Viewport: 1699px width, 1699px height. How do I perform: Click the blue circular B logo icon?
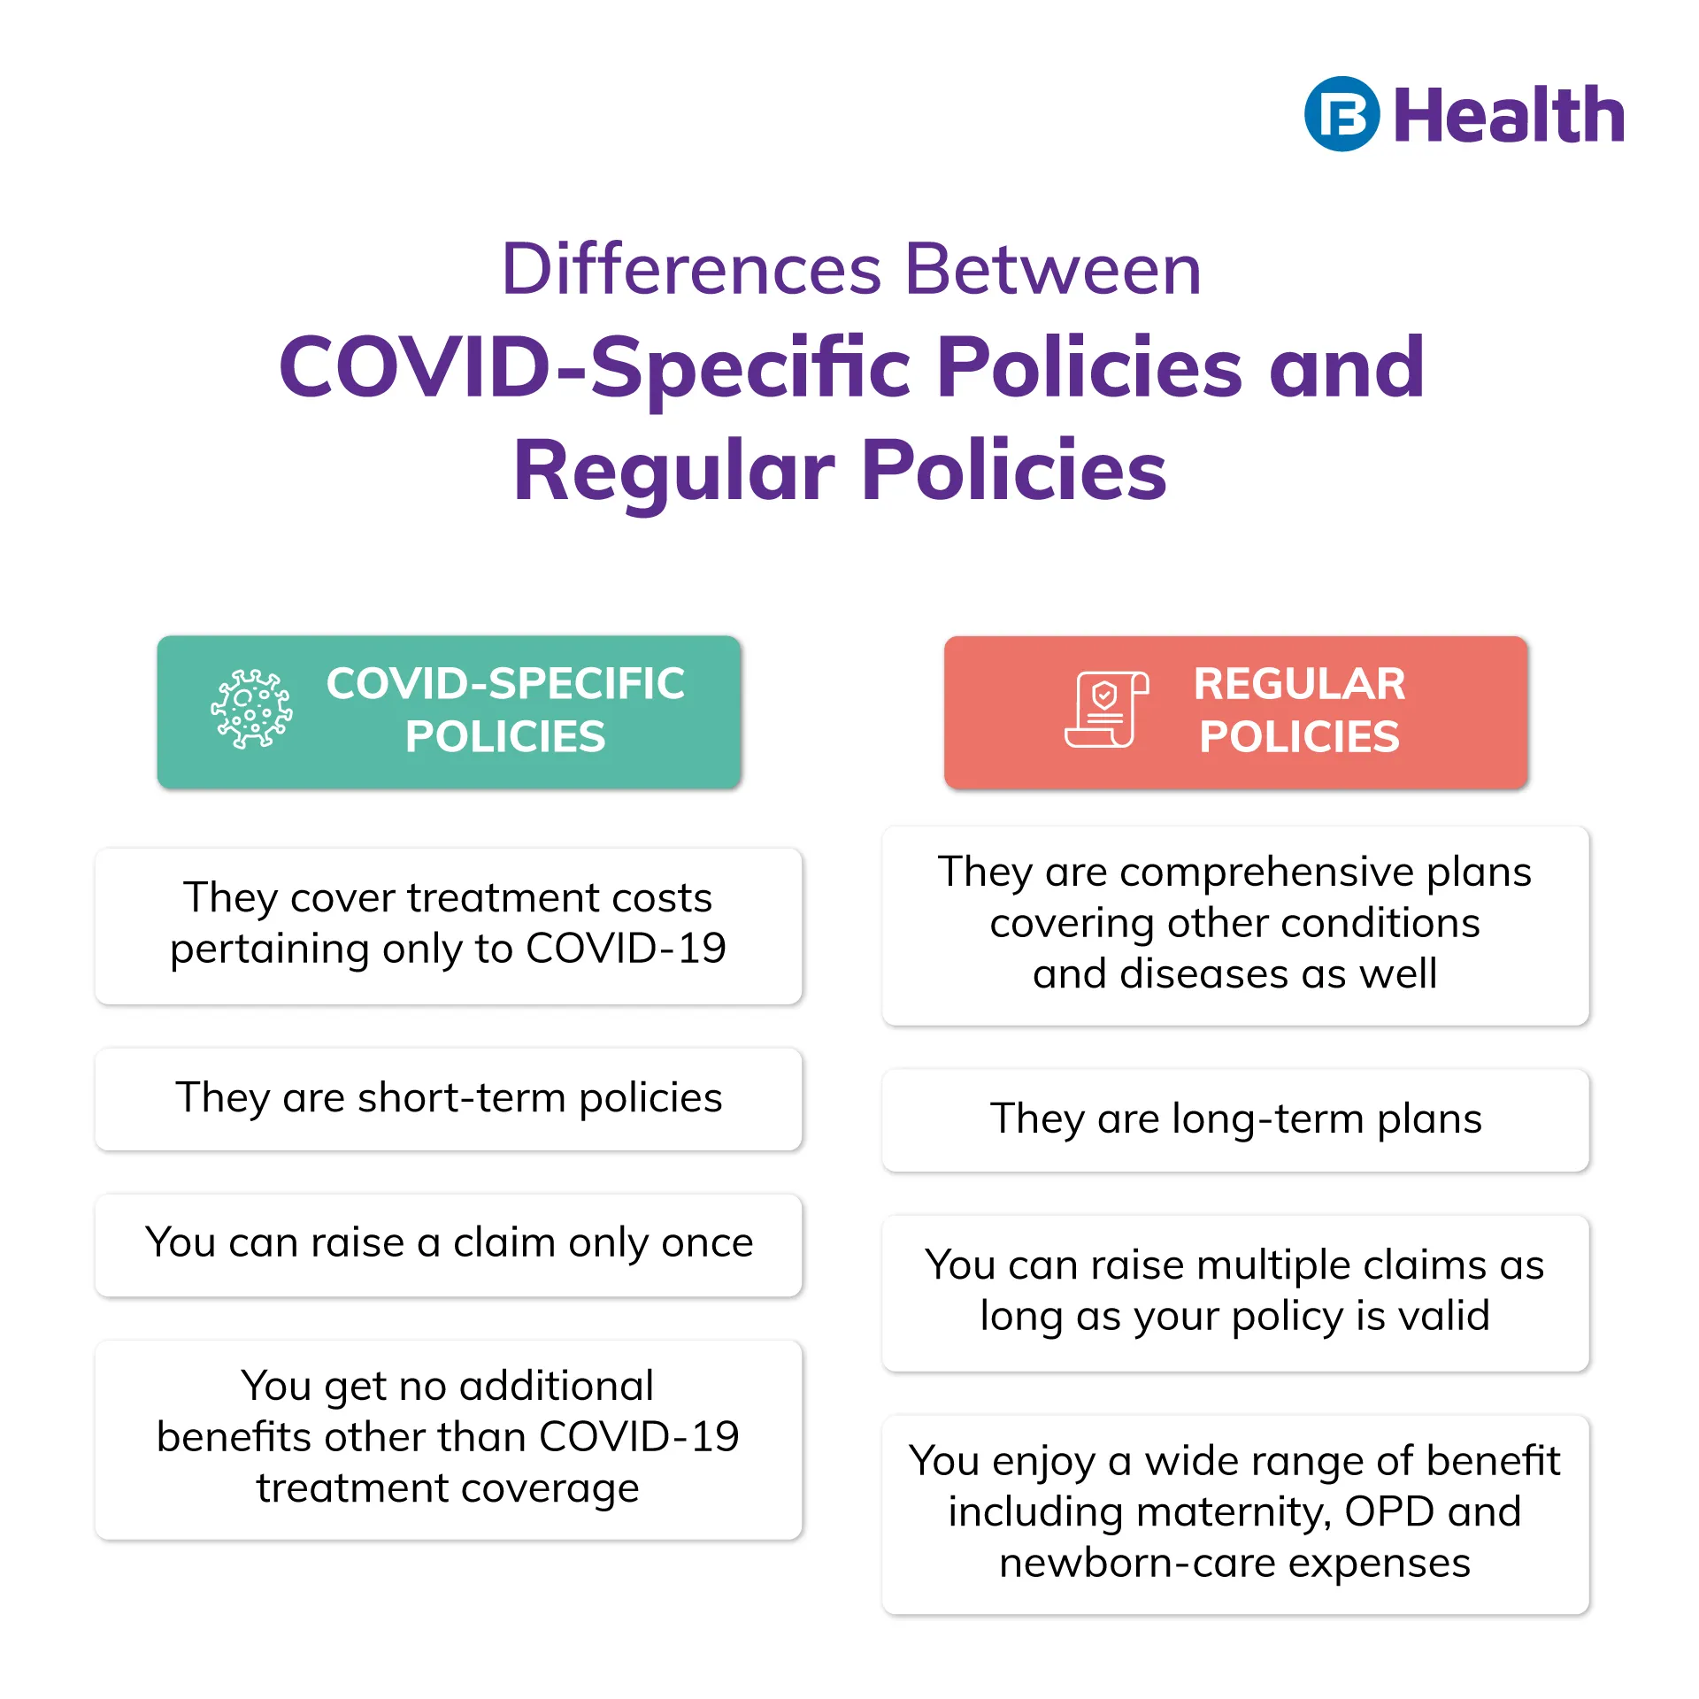1342,114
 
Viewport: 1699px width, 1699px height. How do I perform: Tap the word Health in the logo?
1509,116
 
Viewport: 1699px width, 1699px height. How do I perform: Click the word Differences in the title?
691,269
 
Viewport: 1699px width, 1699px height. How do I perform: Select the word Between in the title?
1053,269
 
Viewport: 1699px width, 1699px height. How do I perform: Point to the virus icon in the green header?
251,710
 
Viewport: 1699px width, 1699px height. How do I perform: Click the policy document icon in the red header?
1106,710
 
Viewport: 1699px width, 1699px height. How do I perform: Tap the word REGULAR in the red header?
1299,684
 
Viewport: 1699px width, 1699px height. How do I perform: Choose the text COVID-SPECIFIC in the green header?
505,684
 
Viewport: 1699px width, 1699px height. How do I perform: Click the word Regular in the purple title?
674,471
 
